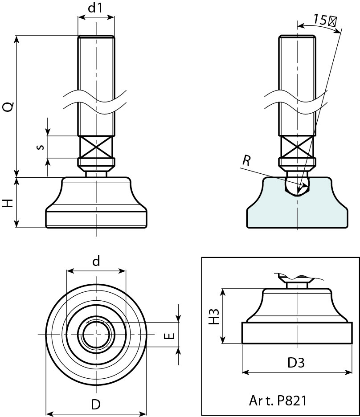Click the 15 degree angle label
324,20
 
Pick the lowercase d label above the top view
96,262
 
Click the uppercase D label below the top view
96,405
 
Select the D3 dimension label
296,363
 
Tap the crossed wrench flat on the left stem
96,147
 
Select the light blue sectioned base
267,209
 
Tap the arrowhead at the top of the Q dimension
17,38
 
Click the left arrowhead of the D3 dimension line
244,372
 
